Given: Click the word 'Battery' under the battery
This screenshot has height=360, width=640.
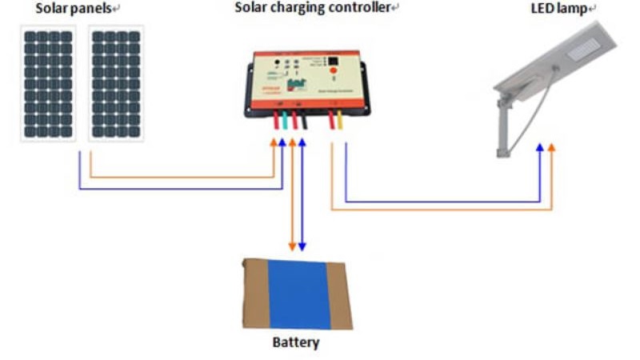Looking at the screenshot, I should click(x=296, y=342).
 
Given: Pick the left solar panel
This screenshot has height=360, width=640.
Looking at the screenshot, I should click(x=47, y=83).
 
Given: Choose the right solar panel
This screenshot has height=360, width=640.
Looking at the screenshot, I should click(x=116, y=83).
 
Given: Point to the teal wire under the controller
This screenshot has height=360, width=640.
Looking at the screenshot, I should click(x=286, y=122).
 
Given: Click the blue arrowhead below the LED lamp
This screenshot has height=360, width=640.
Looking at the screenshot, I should click(x=540, y=148).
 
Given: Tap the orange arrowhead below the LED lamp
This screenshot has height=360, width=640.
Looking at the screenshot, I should click(x=552, y=148).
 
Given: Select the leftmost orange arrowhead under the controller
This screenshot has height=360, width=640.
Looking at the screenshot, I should click(x=274, y=142).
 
